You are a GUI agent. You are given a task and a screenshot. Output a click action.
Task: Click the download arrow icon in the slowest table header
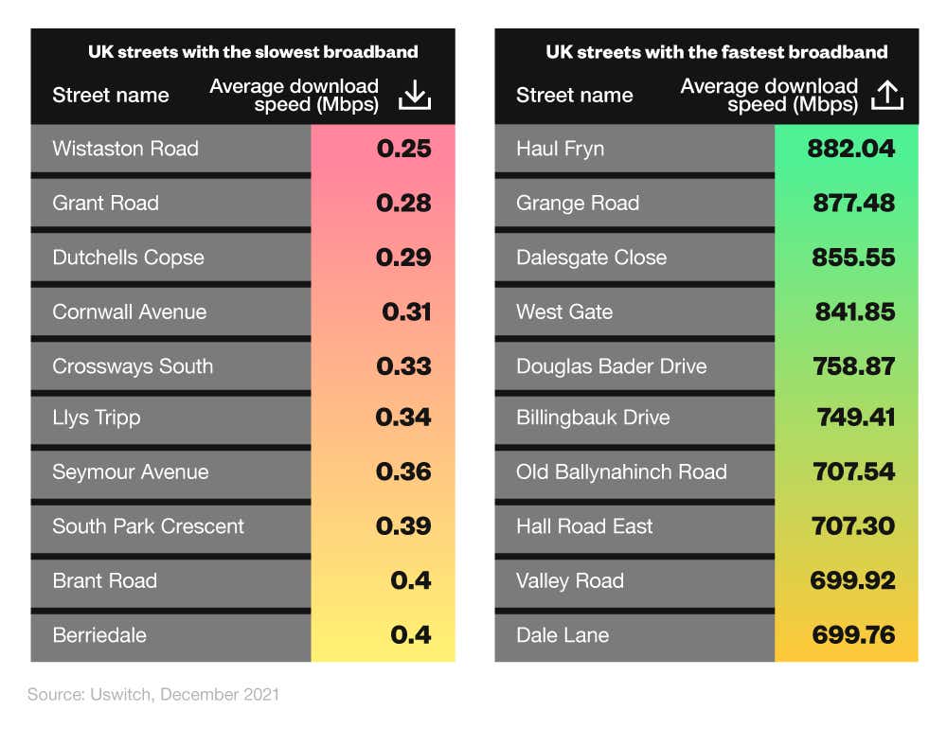[415, 95]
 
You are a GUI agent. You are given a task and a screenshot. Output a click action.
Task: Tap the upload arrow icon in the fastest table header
[886, 95]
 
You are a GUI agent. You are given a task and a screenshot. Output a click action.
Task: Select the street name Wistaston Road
[125, 149]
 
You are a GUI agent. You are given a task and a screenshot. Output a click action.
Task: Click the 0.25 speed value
[403, 149]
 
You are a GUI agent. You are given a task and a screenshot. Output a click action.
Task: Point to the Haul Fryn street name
[560, 149]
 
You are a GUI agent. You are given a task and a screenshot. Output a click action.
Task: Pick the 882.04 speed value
[851, 149]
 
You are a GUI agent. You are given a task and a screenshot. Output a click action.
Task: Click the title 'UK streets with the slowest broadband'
[253, 52]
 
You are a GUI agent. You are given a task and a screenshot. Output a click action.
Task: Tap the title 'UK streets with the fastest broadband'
[716, 52]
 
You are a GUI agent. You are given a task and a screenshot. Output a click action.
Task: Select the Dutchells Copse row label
[128, 258]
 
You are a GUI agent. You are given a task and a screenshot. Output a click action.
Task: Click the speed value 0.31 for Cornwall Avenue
[406, 311]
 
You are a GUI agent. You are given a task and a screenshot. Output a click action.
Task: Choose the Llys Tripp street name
[97, 418]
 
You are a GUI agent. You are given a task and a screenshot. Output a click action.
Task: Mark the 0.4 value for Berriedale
[411, 634]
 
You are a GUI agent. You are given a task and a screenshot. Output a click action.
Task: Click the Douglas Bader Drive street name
[611, 366]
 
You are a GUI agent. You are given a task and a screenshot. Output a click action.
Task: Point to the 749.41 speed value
[855, 418]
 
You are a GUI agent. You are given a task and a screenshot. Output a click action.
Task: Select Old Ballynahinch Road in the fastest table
[621, 471]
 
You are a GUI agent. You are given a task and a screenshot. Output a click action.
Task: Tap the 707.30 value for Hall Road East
[854, 526]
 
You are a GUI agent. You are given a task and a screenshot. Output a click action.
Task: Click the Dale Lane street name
[563, 635]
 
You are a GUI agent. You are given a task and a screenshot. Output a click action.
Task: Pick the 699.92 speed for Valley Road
[852, 580]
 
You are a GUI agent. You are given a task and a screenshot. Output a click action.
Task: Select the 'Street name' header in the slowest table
[111, 96]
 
